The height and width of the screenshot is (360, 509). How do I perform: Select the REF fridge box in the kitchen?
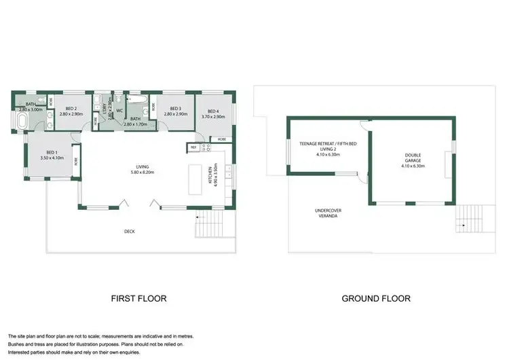(193, 147)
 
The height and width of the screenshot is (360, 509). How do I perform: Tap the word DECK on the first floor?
(129, 232)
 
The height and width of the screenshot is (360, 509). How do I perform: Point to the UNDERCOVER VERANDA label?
(328, 213)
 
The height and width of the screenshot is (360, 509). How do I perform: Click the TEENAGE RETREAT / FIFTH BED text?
(328, 143)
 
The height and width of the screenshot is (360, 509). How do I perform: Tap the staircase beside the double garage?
(467, 217)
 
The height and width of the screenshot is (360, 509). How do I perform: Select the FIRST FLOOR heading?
(138, 298)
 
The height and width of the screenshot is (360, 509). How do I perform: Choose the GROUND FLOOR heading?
(375, 298)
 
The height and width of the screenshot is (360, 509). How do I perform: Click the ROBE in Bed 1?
(75, 162)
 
